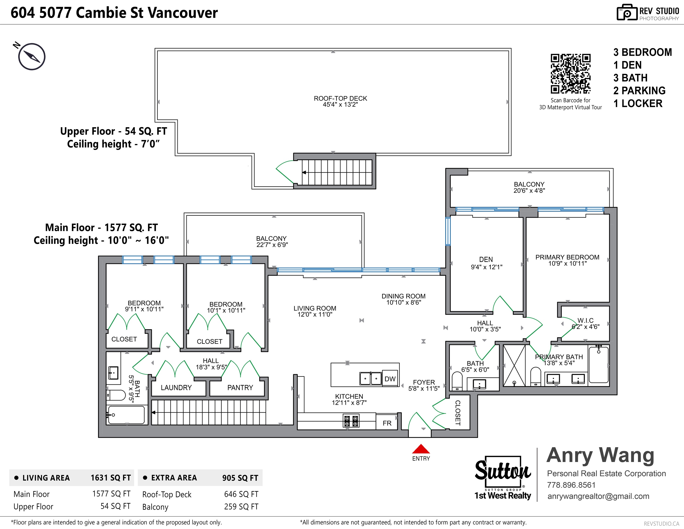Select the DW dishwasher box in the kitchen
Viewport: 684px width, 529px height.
click(390, 379)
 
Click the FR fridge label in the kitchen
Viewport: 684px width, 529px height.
click(387, 423)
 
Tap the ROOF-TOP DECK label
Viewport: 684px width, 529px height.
click(340, 98)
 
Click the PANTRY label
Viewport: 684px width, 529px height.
click(240, 388)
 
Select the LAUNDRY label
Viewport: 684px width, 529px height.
click(176, 388)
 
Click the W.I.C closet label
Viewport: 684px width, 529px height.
click(585, 320)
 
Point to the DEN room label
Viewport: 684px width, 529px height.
click(486, 259)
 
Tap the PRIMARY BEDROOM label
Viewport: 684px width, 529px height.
click(567, 257)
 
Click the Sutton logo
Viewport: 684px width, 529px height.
click(503, 473)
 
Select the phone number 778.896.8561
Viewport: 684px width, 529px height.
click(571, 485)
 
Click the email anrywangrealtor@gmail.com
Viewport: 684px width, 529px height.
click(598, 496)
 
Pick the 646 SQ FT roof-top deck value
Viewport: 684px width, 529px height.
click(241, 494)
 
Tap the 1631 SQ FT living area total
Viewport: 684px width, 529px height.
click(111, 478)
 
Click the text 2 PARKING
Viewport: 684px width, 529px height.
click(639, 90)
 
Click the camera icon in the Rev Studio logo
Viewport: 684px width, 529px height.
click(627, 13)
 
